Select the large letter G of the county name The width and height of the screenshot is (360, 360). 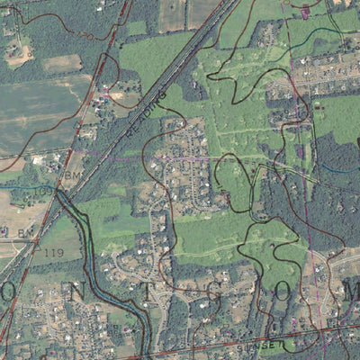tap(209, 291)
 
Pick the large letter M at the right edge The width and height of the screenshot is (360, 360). tap(350, 291)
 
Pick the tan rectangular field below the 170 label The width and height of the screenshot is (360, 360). tap(62, 63)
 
